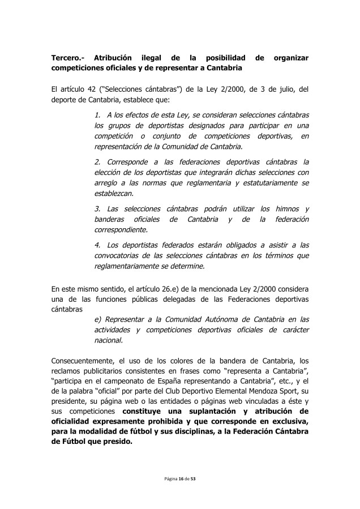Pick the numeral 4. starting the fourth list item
97,245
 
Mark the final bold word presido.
115,442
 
